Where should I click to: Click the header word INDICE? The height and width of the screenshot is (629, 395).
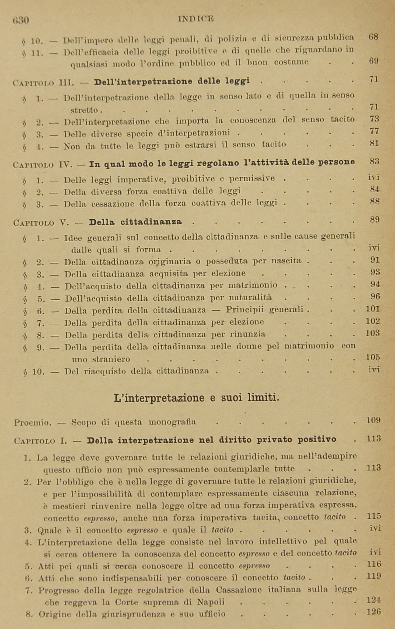(196, 19)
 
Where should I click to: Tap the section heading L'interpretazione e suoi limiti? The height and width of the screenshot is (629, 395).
(196, 398)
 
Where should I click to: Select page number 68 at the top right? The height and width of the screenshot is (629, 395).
(373, 37)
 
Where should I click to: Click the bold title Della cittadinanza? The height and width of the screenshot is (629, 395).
(135, 222)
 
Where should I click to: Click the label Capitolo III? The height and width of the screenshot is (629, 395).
(43, 82)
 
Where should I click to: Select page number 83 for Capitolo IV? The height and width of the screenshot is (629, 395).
(374, 161)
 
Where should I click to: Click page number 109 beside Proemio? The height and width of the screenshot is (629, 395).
(373, 420)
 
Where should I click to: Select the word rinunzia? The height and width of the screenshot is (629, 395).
(248, 334)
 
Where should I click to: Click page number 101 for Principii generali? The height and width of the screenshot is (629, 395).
(373, 309)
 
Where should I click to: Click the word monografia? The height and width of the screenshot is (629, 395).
(172, 422)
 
